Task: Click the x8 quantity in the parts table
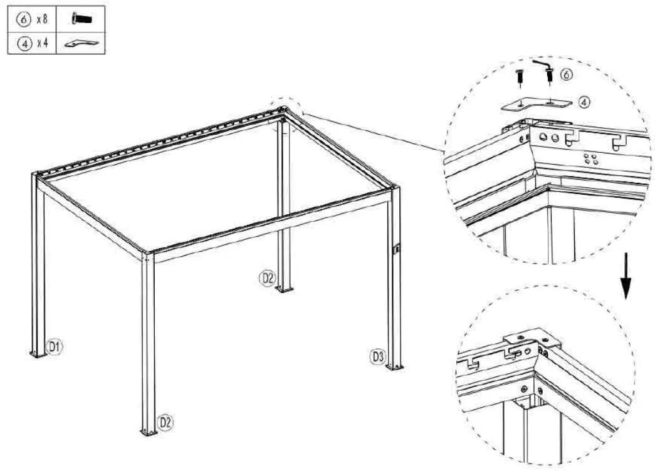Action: [x=41, y=19]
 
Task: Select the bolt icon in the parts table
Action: [x=81, y=19]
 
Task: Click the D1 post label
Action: [x=56, y=345]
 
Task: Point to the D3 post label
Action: [x=376, y=357]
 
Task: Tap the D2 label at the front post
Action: [x=165, y=422]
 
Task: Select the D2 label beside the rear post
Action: [x=268, y=277]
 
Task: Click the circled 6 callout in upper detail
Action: [x=565, y=75]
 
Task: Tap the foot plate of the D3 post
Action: [x=395, y=366]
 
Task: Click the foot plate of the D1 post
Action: [x=38, y=355]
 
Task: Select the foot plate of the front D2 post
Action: [x=149, y=432]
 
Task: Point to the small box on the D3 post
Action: [x=396, y=249]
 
